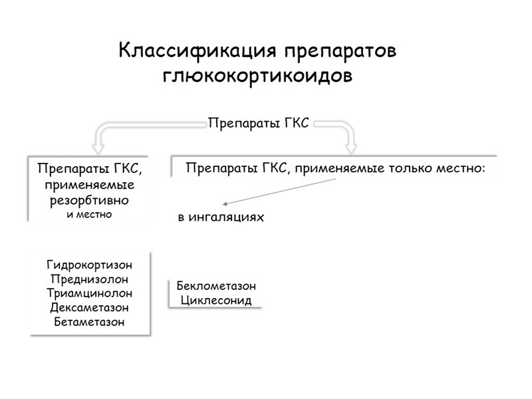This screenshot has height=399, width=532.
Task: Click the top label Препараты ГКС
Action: [259, 123]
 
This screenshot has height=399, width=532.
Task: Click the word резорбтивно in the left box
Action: [90, 199]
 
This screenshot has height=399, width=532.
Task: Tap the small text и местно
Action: [90, 214]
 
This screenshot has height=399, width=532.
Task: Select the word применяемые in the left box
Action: [90, 184]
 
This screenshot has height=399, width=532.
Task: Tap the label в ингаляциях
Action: [221, 217]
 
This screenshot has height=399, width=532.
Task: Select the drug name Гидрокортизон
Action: [90, 265]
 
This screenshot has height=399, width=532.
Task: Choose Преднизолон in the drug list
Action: [90, 279]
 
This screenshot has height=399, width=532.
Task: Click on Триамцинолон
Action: [90, 293]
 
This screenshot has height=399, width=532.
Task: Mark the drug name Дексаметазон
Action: [90, 307]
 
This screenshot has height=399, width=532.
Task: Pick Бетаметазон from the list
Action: [90, 322]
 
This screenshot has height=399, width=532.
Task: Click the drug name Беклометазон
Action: [216, 287]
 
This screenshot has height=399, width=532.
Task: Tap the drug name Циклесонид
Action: [216, 301]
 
